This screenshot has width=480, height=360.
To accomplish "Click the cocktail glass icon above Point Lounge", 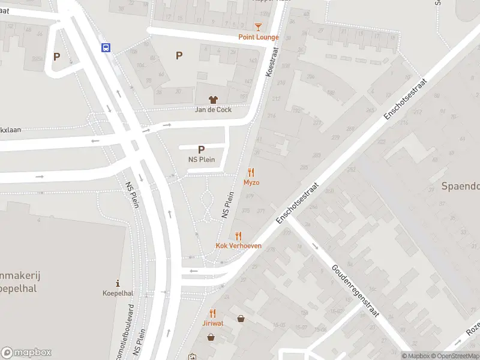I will tap(258, 27).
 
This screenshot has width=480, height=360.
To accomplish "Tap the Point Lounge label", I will tap(259, 37).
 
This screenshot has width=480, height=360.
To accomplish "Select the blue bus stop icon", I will tap(106, 48).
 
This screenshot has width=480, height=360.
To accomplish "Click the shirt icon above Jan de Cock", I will tap(213, 100).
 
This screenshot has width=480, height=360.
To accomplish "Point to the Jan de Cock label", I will tap(213, 110).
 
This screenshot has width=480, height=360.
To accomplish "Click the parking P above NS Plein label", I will tap(201, 150).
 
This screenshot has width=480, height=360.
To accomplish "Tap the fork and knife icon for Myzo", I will tap(251, 172).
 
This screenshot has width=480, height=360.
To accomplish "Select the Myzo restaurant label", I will tap(251, 182).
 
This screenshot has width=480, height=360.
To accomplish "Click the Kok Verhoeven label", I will tap(239, 246).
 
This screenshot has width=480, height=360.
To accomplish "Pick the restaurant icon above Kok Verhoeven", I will tap(239, 236).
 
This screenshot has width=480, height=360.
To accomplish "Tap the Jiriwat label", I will tap(213, 323).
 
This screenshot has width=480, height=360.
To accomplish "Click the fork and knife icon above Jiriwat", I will tap(213, 313).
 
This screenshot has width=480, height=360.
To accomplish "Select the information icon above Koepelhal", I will tap(118, 283).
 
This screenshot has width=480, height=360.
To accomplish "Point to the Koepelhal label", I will tap(118, 294).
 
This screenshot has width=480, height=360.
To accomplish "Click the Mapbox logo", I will tap(26, 353).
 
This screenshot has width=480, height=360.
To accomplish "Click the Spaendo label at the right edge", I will tap(461, 187).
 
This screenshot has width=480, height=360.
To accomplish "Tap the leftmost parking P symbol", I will tap(57, 57).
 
